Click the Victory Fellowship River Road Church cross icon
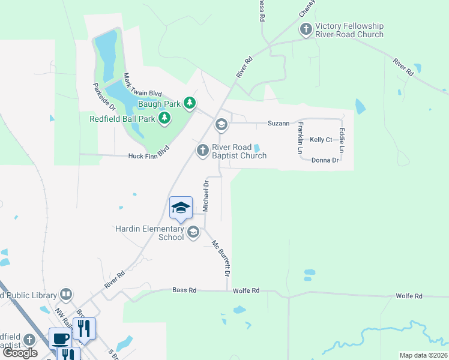[306, 29]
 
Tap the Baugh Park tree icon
[190, 104]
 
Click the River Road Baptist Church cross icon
[203, 150]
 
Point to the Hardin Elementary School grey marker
[193, 232]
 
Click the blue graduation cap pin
[181, 208]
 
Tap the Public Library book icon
[67, 295]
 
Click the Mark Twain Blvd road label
[142, 85]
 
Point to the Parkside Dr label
[100, 96]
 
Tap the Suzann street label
[279, 124]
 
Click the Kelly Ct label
[321, 140]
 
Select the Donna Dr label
[325, 160]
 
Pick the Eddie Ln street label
[342, 140]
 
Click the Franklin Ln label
[300, 137]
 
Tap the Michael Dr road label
[205, 195]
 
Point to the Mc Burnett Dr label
[221, 258]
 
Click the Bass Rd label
[184, 290]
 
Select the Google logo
[20, 353]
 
